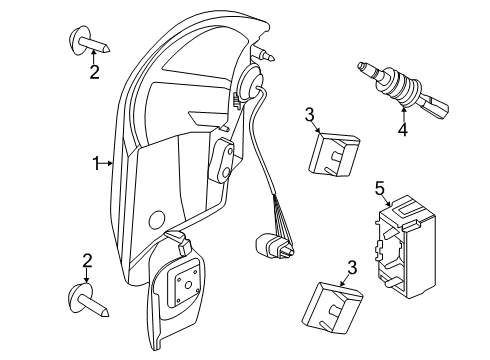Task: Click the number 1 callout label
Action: click(x=97, y=162)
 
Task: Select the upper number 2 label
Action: click(x=94, y=72)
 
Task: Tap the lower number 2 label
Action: click(x=88, y=261)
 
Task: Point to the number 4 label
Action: click(x=403, y=129)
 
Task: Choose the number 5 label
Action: click(x=379, y=187)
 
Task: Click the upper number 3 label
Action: click(x=311, y=115)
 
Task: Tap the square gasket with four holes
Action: click(x=186, y=289)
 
